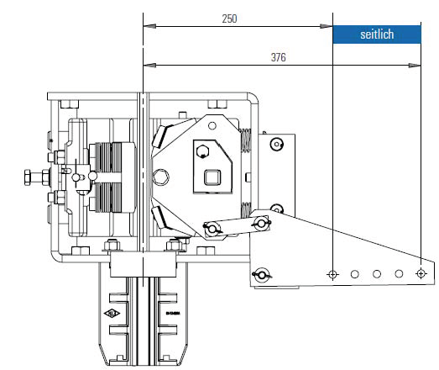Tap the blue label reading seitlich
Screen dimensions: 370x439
[x=376, y=34]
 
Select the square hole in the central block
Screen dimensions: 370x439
[x=211, y=177]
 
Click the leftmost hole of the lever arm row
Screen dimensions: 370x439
[x=333, y=274]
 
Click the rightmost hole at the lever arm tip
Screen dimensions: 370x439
[x=420, y=274]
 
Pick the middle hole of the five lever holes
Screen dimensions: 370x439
[x=377, y=274]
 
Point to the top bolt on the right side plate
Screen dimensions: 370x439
[x=275, y=143]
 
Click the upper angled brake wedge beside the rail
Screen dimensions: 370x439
[x=164, y=135]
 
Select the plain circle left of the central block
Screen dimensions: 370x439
[x=160, y=177]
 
